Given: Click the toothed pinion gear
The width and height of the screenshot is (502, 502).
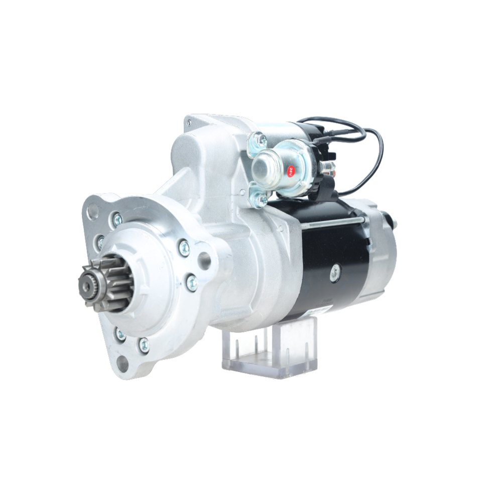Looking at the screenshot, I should click(x=103, y=284).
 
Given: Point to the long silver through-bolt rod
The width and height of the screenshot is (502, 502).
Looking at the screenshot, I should click(x=331, y=223).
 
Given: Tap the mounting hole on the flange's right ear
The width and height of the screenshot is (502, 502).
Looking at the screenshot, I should click(x=204, y=260).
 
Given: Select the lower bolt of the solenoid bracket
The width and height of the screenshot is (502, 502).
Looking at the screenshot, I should click(x=261, y=199).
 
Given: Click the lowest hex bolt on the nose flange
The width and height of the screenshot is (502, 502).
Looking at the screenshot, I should click(x=144, y=344).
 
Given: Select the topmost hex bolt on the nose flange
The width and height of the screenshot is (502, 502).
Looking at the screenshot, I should click(x=117, y=218).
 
